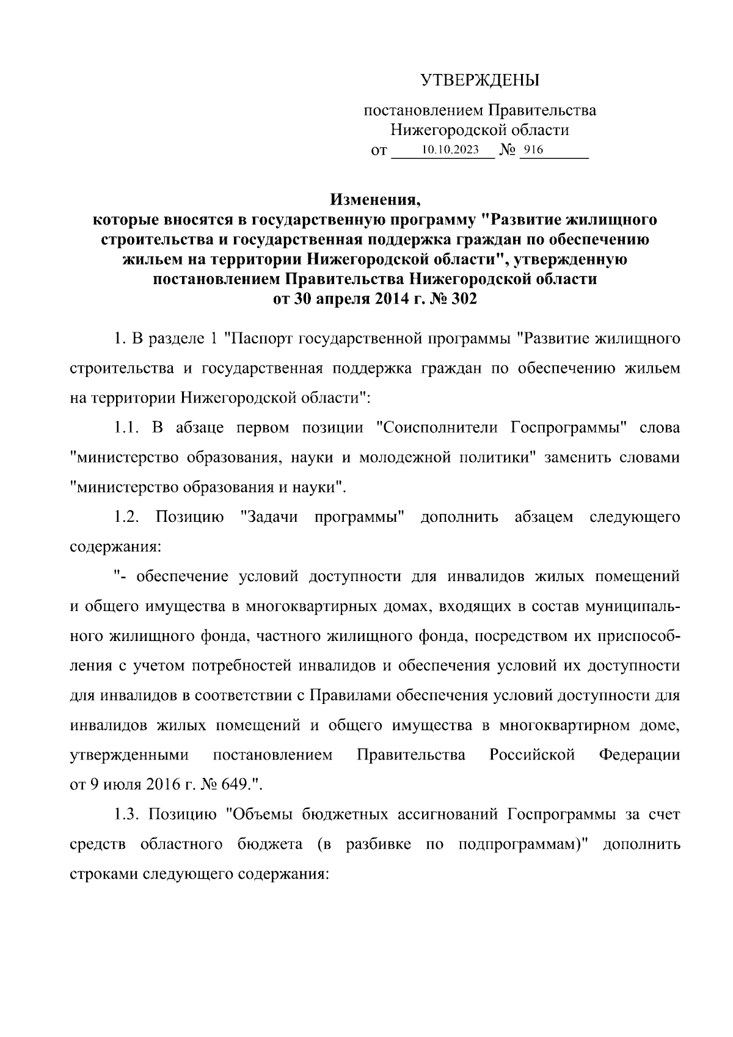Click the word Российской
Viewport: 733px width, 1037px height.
click(532, 755)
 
